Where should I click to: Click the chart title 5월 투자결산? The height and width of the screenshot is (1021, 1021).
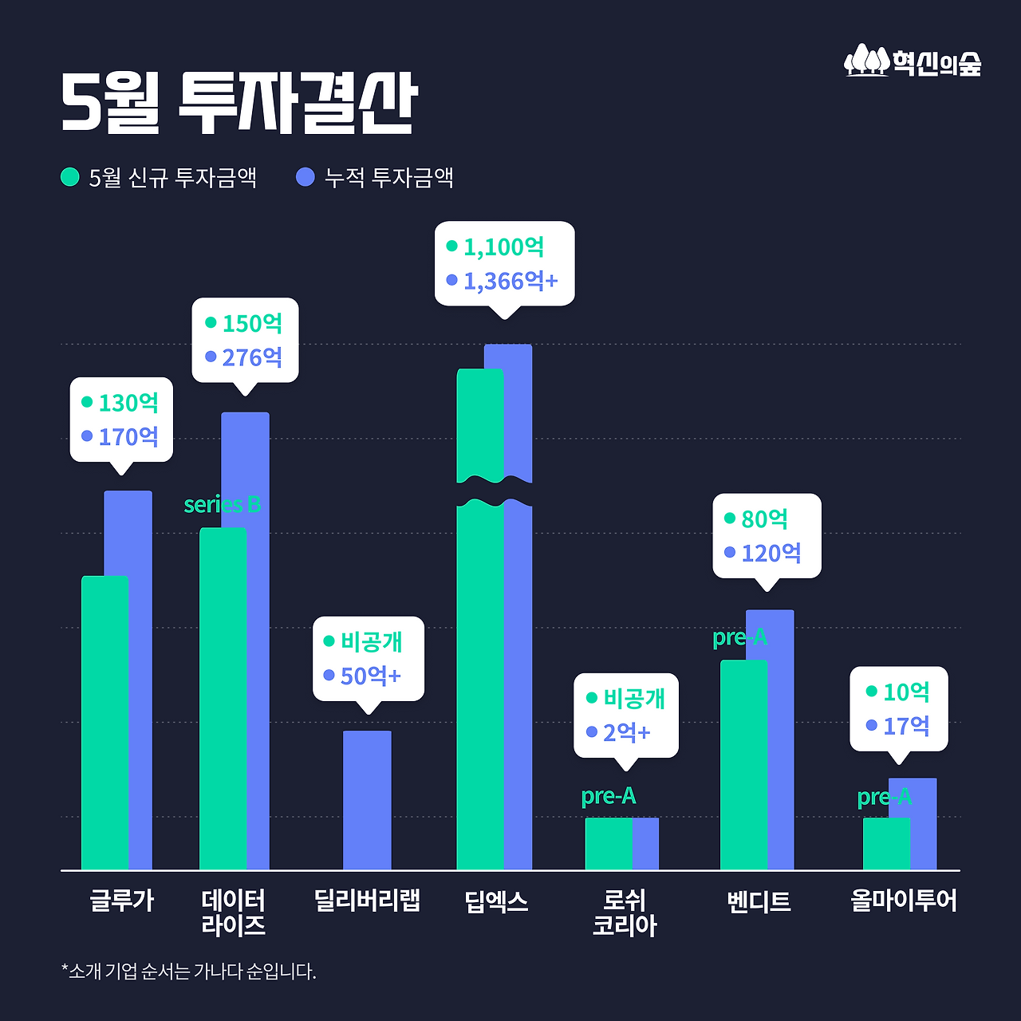click(239, 104)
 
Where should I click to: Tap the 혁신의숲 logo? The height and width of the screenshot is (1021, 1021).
click(913, 61)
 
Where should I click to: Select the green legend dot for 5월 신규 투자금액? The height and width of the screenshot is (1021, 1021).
click(70, 177)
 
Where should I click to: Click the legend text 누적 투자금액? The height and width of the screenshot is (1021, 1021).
click(388, 177)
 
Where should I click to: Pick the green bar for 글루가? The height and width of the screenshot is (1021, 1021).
click(104, 722)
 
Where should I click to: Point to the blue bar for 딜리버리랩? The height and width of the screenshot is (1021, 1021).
click(367, 800)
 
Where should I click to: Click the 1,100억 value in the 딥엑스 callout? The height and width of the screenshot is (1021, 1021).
click(503, 247)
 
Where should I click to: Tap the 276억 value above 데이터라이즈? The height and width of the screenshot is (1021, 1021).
click(252, 357)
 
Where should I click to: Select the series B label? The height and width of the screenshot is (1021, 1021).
click(222, 505)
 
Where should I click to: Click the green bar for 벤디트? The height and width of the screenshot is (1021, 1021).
click(743, 764)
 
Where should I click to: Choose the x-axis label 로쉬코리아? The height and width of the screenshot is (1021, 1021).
click(625, 913)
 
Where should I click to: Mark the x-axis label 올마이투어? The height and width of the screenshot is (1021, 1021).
click(903, 901)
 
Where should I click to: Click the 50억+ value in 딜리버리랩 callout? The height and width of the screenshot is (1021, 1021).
click(370, 676)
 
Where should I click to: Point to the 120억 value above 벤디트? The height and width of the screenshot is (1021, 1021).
click(771, 553)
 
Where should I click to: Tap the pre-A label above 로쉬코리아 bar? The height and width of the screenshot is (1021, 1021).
click(609, 796)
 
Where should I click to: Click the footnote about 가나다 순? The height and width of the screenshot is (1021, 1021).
click(189, 972)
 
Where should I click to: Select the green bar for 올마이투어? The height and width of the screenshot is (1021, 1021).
click(886, 843)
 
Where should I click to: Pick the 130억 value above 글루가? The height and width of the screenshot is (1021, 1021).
click(128, 403)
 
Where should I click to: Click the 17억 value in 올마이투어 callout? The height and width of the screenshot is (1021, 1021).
click(906, 726)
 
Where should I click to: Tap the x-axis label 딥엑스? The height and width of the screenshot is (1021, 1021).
click(496, 901)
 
